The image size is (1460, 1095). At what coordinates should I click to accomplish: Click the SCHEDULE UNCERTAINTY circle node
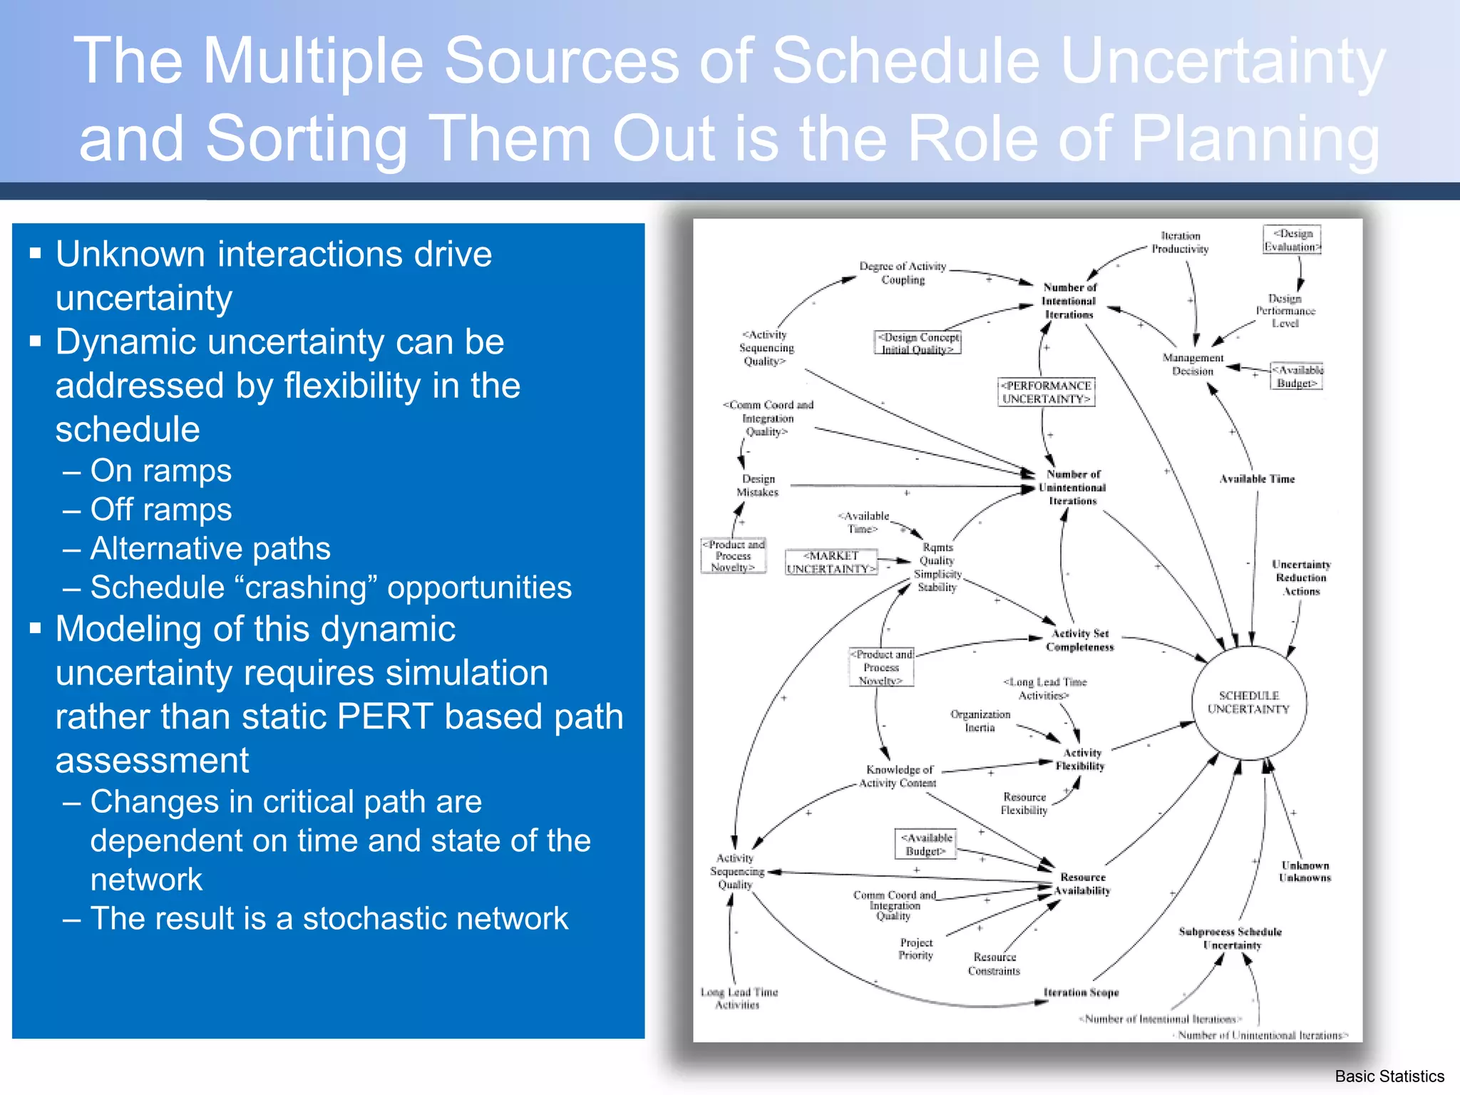(x=1249, y=703)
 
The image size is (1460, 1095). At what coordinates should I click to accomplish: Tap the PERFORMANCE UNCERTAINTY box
(x=1046, y=392)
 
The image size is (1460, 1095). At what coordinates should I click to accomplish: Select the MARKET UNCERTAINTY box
(x=831, y=562)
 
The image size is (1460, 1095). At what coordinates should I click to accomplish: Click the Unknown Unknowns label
(x=1305, y=871)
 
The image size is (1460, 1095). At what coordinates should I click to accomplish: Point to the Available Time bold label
(x=1257, y=479)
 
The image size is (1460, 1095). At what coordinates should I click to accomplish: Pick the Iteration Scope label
(x=1081, y=992)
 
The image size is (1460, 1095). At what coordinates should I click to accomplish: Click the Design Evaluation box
(x=1292, y=240)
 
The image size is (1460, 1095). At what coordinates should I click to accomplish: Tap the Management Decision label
(x=1193, y=364)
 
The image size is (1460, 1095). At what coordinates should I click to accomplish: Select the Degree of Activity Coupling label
(x=903, y=273)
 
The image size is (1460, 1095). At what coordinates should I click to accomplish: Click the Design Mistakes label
(x=757, y=485)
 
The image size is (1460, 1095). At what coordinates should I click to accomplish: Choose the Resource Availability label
(x=1082, y=884)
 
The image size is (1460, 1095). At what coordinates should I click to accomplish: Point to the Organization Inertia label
(x=980, y=721)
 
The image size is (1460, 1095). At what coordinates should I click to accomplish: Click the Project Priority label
(x=915, y=949)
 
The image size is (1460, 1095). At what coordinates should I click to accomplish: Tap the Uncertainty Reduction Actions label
(x=1301, y=577)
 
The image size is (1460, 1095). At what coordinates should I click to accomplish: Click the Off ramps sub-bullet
(x=161, y=510)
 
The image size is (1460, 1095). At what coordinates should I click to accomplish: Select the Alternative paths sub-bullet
(x=210, y=549)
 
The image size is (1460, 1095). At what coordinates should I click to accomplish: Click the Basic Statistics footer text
(x=1389, y=1076)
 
